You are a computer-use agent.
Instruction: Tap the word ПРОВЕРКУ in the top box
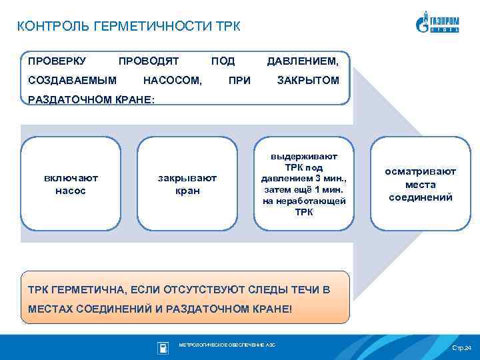click(57, 61)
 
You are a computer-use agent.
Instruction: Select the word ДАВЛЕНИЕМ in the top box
click(303, 61)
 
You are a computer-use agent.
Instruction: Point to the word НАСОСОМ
click(173, 81)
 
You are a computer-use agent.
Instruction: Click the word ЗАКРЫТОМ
click(308, 81)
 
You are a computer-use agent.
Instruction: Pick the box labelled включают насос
click(71, 184)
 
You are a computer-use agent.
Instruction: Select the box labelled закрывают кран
click(187, 184)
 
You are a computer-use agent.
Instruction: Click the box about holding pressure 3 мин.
click(303, 184)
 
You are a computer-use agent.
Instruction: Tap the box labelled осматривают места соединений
click(420, 184)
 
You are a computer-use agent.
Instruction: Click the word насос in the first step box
click(71, 191)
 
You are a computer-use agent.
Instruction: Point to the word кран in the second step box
click(187, 191)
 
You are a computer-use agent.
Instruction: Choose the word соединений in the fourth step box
click(420, 197)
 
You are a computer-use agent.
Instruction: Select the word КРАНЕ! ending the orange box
click(269, 310)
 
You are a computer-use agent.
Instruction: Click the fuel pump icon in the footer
click(163, 347)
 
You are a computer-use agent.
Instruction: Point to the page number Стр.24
click(461, 348)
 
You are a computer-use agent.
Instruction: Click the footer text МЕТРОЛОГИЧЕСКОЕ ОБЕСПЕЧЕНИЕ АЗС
click(227, 345)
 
